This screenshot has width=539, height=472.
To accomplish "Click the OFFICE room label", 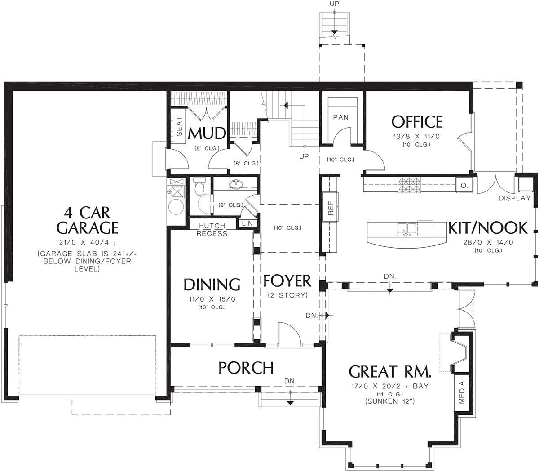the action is tap(417, 122).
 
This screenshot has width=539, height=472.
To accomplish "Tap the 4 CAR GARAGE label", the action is tap(87, 220).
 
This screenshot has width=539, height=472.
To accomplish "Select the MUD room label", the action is tap(207, 134).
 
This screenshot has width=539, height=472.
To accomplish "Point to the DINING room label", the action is tap(212, 284).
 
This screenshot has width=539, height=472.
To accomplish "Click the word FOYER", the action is tap(287, 281).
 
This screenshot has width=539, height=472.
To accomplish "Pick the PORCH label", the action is tap(246, 368).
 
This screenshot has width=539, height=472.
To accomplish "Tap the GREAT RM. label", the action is tap(390, 372).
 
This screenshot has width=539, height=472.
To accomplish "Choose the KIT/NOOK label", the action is tap(488, 228).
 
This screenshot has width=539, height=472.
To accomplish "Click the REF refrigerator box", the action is tap(330, 207).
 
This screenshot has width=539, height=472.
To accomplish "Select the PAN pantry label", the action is tap(340, 117).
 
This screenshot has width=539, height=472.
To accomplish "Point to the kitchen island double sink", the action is tap(407, 229).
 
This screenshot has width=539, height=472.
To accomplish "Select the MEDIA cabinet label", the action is tap(462, 392).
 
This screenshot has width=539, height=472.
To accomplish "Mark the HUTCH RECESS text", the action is tap(212, 230).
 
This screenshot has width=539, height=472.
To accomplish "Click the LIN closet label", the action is tap(247, 223).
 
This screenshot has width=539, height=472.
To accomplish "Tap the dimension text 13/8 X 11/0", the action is tap(416, 137).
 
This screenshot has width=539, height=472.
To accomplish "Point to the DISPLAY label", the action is tap(514, 198).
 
